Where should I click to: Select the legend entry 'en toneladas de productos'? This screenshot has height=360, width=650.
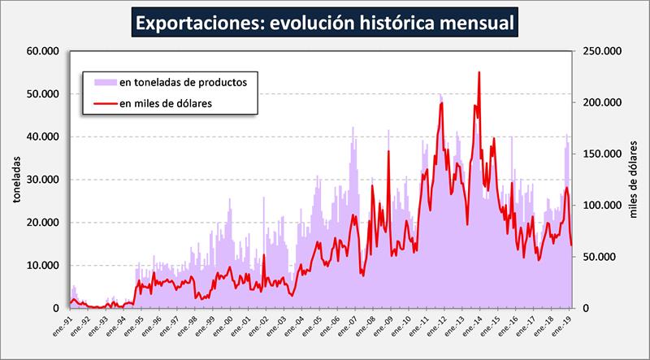[x=188, y=82]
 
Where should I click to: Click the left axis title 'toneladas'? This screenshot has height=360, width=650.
[x=15, y=180]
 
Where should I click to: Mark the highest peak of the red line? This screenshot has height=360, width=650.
[x=479, y=72]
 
